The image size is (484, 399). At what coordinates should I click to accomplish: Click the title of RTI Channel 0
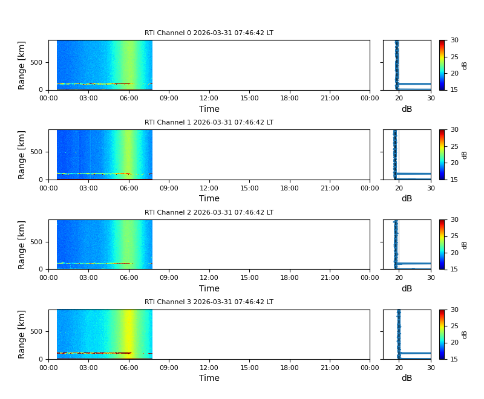(x=209, y=33)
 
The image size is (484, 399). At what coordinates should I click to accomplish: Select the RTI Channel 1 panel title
(x=209, y=123)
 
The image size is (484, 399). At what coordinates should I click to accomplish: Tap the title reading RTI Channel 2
(x=209, y=213)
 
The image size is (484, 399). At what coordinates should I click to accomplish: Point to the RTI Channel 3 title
(x=209, y=302)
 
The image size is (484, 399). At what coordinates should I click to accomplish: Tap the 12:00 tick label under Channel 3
(x=209, y=368)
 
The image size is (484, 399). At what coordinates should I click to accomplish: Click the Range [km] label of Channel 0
(x=22, y=65)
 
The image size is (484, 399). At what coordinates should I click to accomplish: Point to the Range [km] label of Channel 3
(x=22, y=334)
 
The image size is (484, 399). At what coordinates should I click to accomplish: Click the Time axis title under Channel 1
(x=209, y=198)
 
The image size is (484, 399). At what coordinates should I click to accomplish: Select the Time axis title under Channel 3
(x=209, y=378)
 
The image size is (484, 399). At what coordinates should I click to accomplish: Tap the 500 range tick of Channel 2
(x=37, y=242)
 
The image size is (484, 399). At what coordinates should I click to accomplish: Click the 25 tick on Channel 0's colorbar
(x=454, y=57)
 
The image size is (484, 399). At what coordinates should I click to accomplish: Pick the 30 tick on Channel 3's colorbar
(x=454, y=310)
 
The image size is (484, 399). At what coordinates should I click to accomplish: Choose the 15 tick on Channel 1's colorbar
(x=454, y=180)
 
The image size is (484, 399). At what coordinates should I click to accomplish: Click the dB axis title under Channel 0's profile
(x=407, y=109)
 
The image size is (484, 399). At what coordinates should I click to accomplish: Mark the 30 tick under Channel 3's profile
(x=431, y=368)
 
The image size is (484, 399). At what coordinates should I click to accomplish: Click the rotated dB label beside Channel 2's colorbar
(x=465, y=244)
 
